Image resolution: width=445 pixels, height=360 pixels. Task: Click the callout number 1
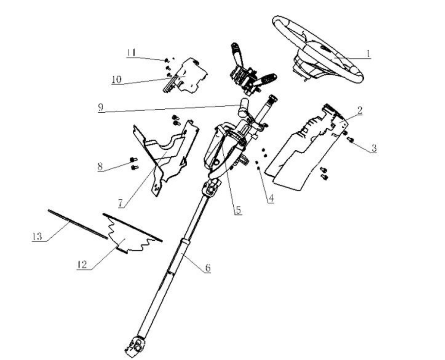tap(368, 53)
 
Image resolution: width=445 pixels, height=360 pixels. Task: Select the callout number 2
tap(360, 110)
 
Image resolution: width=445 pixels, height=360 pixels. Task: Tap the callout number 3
tap(374, 148)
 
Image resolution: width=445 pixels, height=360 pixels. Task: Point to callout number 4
tap(271, 198)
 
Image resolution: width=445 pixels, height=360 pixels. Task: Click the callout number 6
tap(208, 267)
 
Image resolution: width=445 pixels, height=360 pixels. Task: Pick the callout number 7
tap(121, 203)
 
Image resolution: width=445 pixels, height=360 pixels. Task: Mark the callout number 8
tap(100, 166)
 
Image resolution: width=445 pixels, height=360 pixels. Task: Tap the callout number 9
tap(101, 107)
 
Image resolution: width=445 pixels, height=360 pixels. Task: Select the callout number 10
tap(116, 79)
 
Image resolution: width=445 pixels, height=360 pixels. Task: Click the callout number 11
tap(131, 53)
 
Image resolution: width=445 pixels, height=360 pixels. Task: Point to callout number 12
tap(82, 264)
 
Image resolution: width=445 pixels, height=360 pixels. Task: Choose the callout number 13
tap(37, 236)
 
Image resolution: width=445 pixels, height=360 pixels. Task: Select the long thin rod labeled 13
tap(78, 224)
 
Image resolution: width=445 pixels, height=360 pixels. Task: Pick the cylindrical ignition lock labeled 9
tap(243, 108)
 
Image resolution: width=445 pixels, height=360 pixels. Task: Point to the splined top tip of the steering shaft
tap(273, 99)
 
